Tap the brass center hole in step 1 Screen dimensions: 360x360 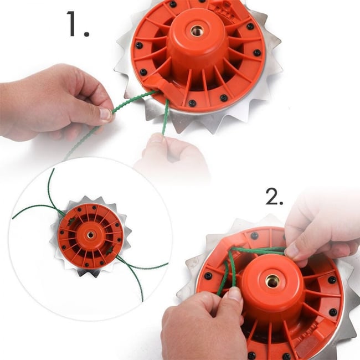click(x=197, y=31)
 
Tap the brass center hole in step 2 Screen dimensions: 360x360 click(x=272, y=281)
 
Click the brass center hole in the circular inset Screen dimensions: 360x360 click(x=90, y=235)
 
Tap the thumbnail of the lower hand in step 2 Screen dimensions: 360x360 click(x=235, y=294)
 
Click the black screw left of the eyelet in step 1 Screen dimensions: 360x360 click(x=143, y=72)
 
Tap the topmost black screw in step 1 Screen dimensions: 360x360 click(x=173, y=4)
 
